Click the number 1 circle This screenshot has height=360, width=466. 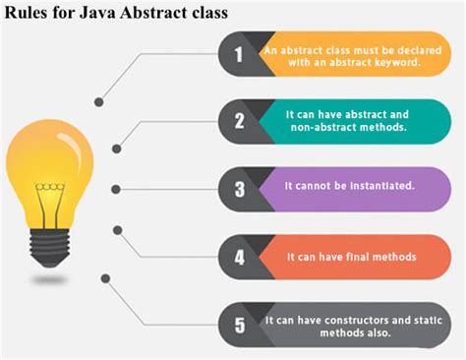pos(239,54)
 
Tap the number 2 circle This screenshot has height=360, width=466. pos(239,121)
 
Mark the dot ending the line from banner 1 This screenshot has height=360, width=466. pos(99,101)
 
